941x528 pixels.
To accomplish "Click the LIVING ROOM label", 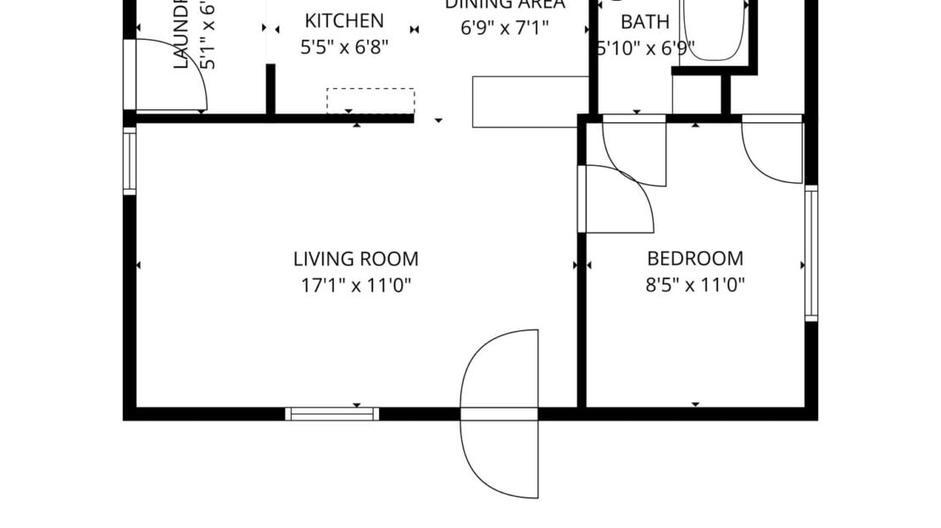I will pos(355,258).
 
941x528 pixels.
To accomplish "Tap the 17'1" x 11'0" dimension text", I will pos(355,286).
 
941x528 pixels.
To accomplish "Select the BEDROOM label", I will pos(694,258).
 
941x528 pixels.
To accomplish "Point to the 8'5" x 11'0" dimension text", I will pos(694,286).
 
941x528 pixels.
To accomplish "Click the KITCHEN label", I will pos(344,20).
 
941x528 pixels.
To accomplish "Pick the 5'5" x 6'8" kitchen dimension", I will pos(344,47).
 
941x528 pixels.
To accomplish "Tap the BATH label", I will pos(644,21).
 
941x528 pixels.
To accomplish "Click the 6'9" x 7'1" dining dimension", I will pos(504,27).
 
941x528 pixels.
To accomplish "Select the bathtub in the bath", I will pos(713,30).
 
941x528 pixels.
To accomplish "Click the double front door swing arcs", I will pos(500,414).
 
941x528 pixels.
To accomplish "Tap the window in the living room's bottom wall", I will pos(331,414).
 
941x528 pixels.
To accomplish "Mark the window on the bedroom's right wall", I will pos(811,253).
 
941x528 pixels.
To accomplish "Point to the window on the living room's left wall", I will pos(129,160).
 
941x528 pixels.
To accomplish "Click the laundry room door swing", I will pos(170,76).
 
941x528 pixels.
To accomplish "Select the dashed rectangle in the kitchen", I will pos(370,100).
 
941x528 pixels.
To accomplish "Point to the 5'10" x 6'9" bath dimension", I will pos(646,47).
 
